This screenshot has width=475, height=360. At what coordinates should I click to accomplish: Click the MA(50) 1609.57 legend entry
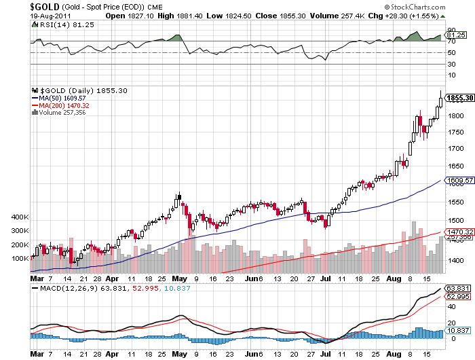[x=62, y=98]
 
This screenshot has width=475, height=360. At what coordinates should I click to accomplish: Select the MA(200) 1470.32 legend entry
[x=64, y=105]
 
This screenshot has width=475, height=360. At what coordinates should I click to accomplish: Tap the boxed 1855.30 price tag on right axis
[x=459, y=98]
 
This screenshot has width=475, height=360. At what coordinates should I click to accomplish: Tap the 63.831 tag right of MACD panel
[x=457, y=289]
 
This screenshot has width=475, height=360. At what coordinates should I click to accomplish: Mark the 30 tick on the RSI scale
[x=451, y=65]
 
